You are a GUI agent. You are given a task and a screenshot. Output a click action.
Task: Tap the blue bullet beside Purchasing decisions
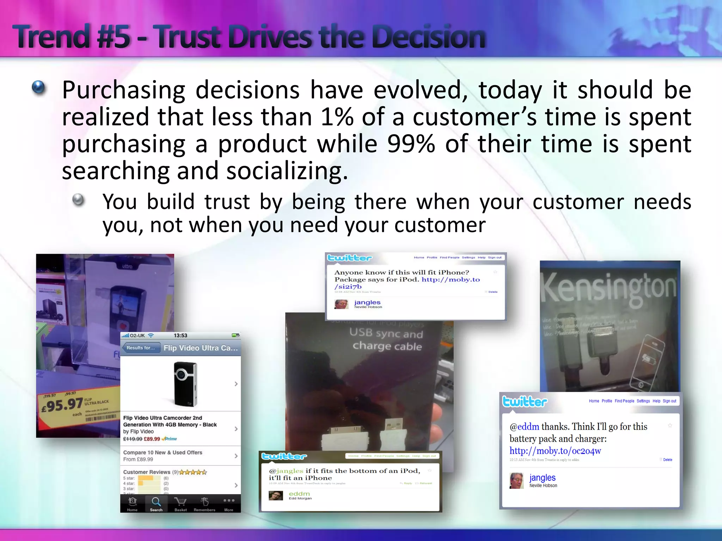38,87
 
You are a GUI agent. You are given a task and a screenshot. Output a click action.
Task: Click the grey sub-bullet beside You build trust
78,200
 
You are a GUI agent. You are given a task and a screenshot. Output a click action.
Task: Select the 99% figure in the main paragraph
411,144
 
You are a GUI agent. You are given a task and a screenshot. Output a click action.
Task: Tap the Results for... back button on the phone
141,348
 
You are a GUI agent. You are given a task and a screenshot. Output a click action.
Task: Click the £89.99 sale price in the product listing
152,439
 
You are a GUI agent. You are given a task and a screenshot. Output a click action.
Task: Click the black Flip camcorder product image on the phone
185,384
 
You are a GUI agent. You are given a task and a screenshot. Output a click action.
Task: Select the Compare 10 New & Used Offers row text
163,452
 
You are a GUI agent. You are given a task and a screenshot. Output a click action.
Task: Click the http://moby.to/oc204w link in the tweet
555,451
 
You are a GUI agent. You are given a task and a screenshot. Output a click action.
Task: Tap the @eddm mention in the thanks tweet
524,427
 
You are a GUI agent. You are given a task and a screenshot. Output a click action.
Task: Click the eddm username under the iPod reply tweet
299,493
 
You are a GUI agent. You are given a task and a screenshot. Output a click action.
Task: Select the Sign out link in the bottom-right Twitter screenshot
669,401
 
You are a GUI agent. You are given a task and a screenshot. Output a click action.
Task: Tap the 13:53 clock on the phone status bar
180,335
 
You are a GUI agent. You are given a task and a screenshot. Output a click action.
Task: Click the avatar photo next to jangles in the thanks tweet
516,481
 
